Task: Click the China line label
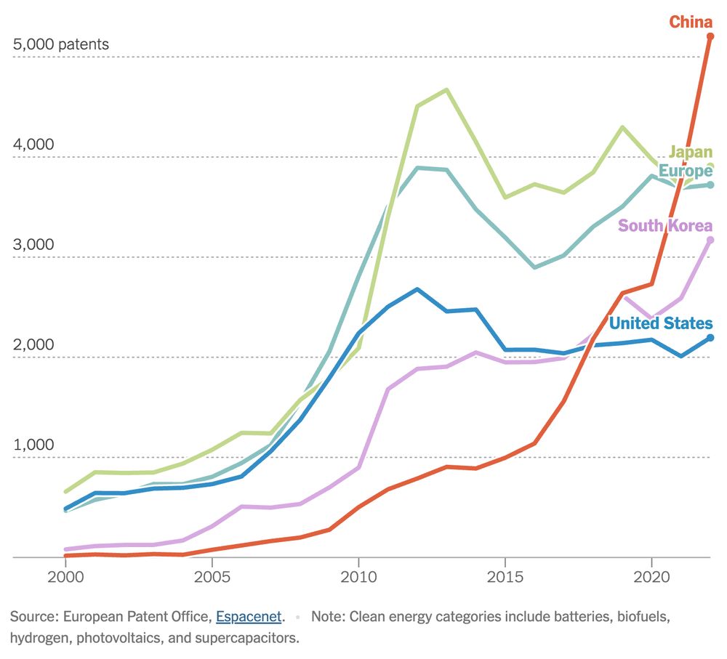coord(690,22)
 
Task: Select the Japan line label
coord(690,152)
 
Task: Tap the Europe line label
coord(685,171)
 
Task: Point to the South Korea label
coord(664,225)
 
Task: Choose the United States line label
coord(660,323)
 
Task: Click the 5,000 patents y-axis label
coord(60,44)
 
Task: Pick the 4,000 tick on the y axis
coord(33,144)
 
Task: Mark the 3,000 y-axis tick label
coord(33,244)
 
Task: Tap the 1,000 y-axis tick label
coord(33,445)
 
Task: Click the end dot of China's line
coord(710,36)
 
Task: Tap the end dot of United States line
coord(710,337)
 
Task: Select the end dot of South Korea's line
coord(710,240)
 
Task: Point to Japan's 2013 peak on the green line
coord(446,90)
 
